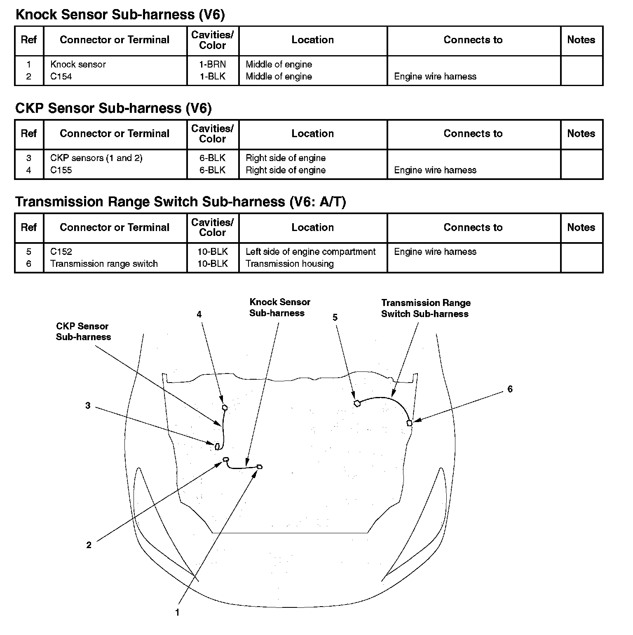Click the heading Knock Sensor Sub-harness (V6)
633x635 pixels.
point(120,15)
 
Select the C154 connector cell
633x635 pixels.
point(61,77)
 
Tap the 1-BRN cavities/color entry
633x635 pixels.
point(213,65)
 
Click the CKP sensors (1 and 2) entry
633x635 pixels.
point(96,158)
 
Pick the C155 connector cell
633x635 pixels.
point(61,170)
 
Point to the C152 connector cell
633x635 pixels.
point(61,252)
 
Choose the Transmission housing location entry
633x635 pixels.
point(289,264)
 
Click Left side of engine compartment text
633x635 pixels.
point(310,252)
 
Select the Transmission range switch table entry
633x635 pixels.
point(104,264)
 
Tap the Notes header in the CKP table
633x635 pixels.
point(581,134)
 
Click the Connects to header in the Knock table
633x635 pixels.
point(473,40)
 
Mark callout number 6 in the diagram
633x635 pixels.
point(510,389)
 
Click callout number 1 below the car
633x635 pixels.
point(177,612)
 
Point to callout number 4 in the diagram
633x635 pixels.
point(199,315)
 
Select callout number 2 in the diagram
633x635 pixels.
point(89,545)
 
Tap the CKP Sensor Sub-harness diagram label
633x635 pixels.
point(83,332)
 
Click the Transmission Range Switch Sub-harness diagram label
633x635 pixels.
point(425,308)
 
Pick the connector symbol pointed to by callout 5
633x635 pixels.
point(357,404)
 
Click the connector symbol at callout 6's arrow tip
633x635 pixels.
point(409,423)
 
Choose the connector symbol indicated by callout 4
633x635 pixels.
point(225,408)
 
